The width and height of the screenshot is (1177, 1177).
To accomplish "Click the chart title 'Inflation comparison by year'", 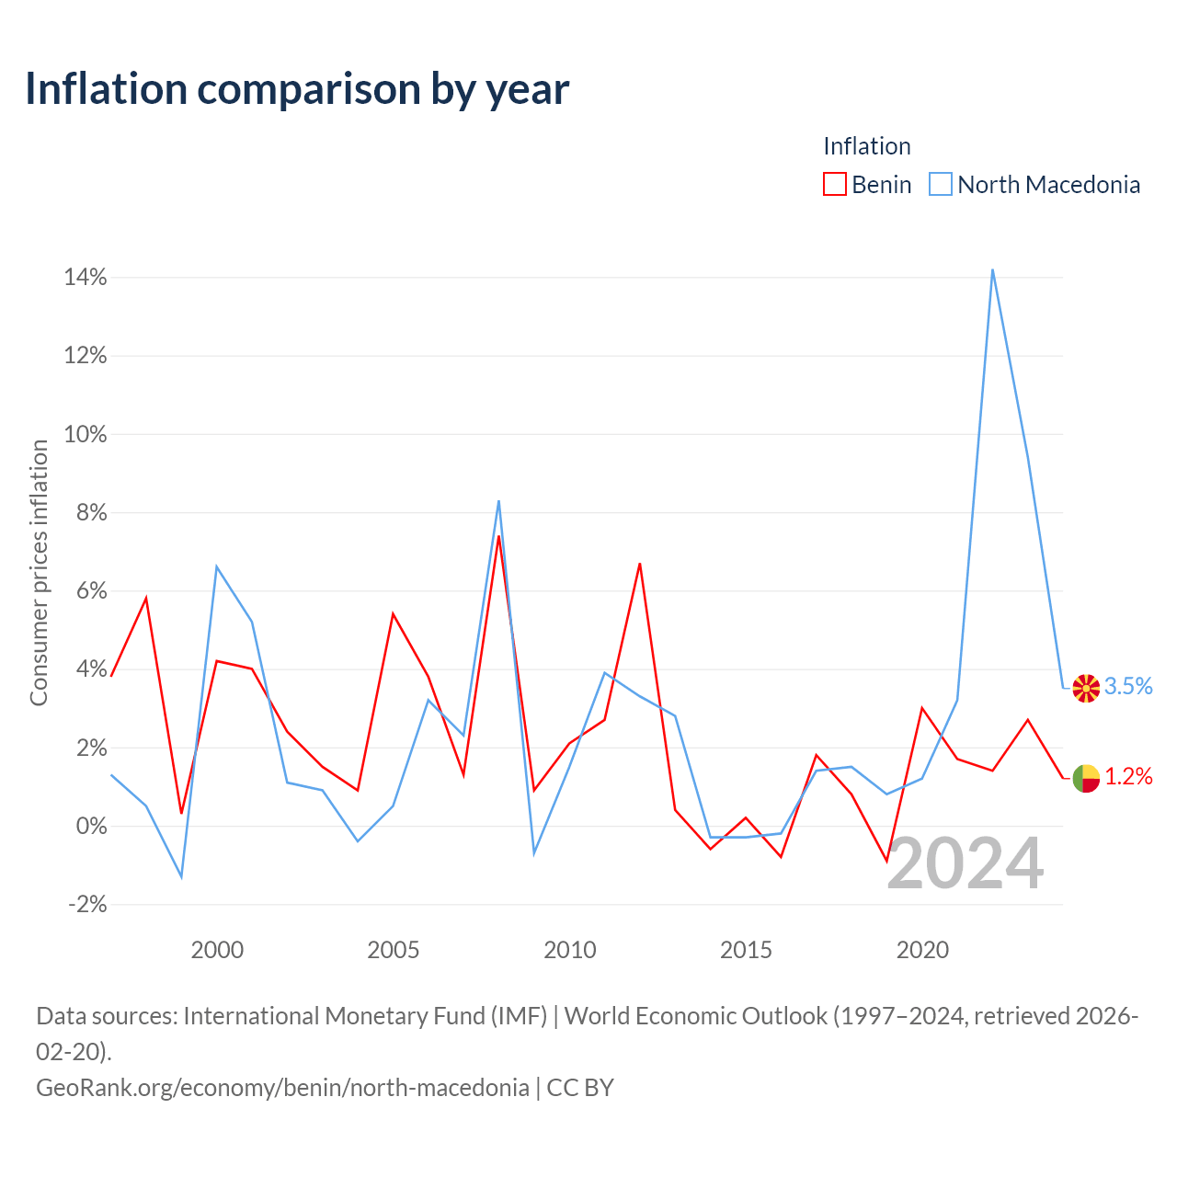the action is pyautogui.click(x=297, y=89).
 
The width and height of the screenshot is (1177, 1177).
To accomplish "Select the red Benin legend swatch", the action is pyautogui.click(x=834, y=184).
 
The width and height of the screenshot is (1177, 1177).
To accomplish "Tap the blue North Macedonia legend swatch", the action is pyautogui.click(x=940, y=184).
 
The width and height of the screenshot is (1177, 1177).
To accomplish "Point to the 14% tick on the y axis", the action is pyautogui.click(x=86, y=278).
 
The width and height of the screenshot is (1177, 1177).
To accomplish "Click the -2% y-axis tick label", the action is pyautogui.click(x=87, y=904).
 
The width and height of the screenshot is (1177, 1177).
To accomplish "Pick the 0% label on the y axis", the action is pyautogui.click(x=92, y=826).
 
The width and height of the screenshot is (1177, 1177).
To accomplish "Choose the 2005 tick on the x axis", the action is pyautogui.click(x=393, y=950).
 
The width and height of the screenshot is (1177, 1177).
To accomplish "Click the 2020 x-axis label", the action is pyautogui.click(x=922, y=950).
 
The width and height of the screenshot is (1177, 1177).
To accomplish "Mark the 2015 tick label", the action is pyautogui.click(x=746, y=950).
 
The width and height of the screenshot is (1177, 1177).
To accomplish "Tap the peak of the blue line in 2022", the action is pyautogui.click(x=992, y=270).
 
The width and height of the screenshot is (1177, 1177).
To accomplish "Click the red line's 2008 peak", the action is pyautogui.click(x=498, y=536).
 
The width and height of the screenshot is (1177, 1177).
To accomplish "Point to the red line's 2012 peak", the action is pyautogui.click(x=639, y=564).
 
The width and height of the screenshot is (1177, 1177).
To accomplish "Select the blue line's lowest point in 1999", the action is pyautogui.click(x=181, y=876).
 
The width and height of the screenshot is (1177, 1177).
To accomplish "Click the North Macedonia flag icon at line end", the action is pyautogui.click(x=1085, y=689).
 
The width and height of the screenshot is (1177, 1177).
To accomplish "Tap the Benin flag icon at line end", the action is pyautogui.click(x=1085, y=778).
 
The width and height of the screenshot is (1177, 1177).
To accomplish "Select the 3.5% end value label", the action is pyautogui.click(x=1128, y=686).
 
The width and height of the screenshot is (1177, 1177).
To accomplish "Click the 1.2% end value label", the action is pyautogui.click(x=1128, y=776).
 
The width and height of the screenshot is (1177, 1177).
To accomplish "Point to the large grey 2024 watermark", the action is pyautogui.click(x=966, y=863).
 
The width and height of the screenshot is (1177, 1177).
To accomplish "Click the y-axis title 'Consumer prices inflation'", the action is pyautogui.click(x=39, y=573).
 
